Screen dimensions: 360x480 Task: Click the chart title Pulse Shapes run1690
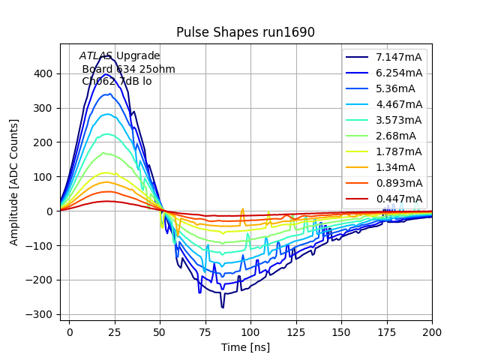click(x=245, y=32)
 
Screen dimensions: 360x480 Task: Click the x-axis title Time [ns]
click(x=245, y=347)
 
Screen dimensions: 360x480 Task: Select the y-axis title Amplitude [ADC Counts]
click(x=14, y=182)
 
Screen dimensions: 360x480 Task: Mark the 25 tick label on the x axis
click(x=115, y=331)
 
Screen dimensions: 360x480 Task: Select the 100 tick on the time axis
click(x=250, y=331)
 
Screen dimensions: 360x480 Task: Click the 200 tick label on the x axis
click(x=432, y=331)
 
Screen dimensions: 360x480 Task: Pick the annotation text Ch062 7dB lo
click(x=117, y=81)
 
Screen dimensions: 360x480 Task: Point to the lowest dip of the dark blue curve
click(x=222, y=307)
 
